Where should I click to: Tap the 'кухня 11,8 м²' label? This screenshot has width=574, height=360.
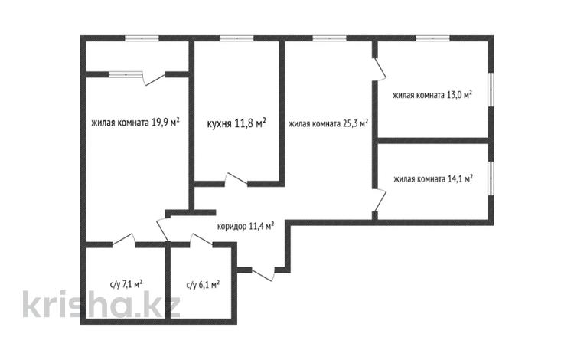(236, 122)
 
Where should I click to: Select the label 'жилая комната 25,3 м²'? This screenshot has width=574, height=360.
(328, 122)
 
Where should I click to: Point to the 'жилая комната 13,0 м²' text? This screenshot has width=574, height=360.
(432, 96)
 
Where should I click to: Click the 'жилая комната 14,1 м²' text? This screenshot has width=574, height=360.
(432, 179)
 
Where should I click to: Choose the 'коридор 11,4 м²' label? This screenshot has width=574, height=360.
(246, 225)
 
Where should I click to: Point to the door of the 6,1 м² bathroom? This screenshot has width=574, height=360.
(201, 241)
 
